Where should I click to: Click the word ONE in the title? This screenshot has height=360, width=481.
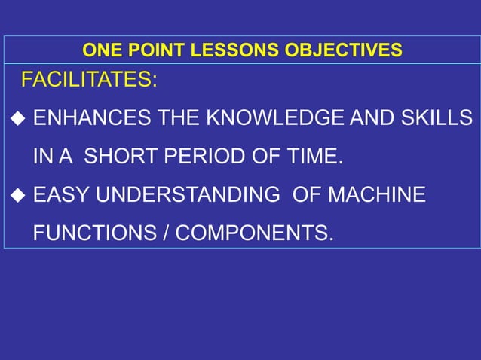click(100, 51)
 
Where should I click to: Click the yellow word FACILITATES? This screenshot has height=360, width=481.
click(88, 80)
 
